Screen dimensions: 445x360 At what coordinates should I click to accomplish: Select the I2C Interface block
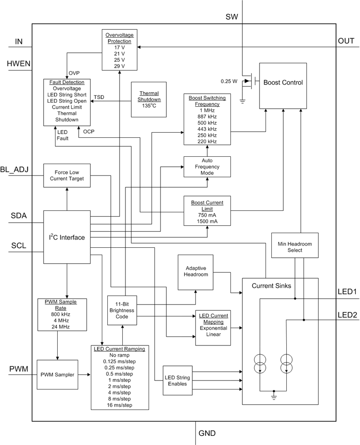(67, 237)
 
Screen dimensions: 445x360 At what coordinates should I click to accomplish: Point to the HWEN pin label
(19, 64)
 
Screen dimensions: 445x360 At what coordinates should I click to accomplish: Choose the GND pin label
(207, 433)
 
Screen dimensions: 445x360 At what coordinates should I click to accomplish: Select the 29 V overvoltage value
(119, 66)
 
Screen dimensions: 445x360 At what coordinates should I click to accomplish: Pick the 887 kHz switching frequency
(207, 116)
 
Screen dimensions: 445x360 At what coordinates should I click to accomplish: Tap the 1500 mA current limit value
(207, 221)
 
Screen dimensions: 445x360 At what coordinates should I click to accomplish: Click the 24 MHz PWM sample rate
(57, 326)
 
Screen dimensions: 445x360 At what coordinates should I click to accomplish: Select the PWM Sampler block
(56, 375)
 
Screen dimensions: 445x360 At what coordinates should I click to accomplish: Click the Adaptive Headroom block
(195, 271)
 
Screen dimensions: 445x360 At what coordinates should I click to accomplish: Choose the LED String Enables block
(177, 381)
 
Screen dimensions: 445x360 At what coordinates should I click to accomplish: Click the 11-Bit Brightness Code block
(122, 310)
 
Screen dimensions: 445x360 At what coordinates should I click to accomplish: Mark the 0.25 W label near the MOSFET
(229, 81)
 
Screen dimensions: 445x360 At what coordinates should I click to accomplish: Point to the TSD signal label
(99, 97)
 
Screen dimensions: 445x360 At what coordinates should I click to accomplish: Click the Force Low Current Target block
(66, 175)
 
